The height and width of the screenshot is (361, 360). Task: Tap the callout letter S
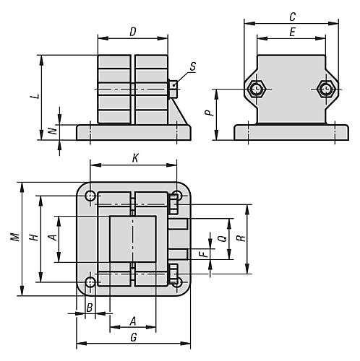[193, 66]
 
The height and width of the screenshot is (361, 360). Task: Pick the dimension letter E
[291, 32]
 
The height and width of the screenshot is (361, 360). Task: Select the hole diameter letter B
[89, 308]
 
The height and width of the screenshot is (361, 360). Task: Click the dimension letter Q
[221, 235]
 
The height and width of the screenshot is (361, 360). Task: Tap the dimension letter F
[205, 253]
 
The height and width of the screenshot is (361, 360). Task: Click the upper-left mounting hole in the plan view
[90, 196]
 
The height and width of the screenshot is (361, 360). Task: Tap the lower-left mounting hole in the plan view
[90, 282]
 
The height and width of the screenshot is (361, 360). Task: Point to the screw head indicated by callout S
[174, 89]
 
